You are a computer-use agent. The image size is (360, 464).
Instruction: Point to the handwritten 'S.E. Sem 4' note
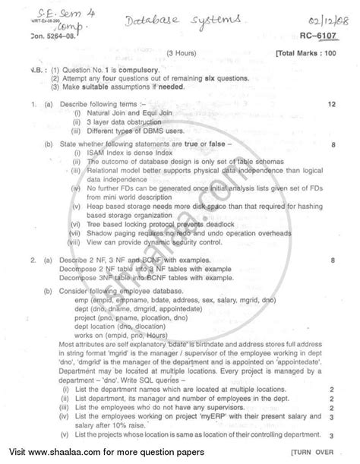38,13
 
